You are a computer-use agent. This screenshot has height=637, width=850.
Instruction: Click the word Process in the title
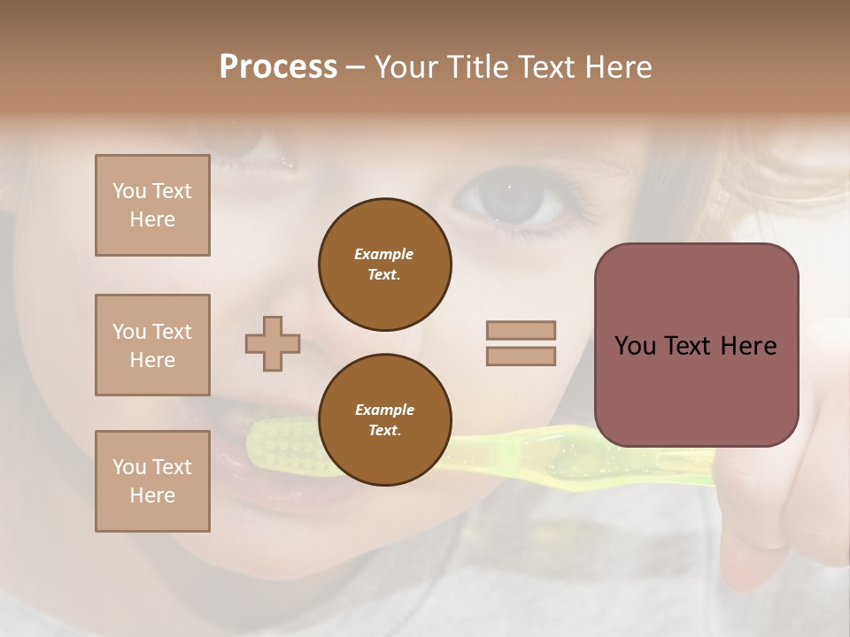(x=278, y=67)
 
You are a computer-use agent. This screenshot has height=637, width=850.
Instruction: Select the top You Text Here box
(x=152, y=205)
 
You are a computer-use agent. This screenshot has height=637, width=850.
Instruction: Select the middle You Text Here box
(x=152, y=345)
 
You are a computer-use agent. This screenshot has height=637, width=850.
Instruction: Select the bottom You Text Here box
(x=152, y=481)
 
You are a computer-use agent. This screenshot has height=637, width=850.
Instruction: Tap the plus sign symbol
(x=273, y=343)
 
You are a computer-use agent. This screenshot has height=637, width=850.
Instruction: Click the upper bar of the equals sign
(x=522, y=330)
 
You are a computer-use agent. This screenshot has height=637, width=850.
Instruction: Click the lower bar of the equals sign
(x=522, y=356)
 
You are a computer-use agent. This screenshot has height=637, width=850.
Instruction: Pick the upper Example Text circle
(x=385, y=265)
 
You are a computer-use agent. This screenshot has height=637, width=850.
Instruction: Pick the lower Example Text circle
(x=385, y=420)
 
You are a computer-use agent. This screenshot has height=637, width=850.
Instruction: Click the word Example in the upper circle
(x=384, y=254)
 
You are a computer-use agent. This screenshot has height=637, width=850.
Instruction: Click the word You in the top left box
(x=129, y=191)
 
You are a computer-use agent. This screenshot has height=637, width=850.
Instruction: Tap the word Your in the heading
(x=407, y=67)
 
